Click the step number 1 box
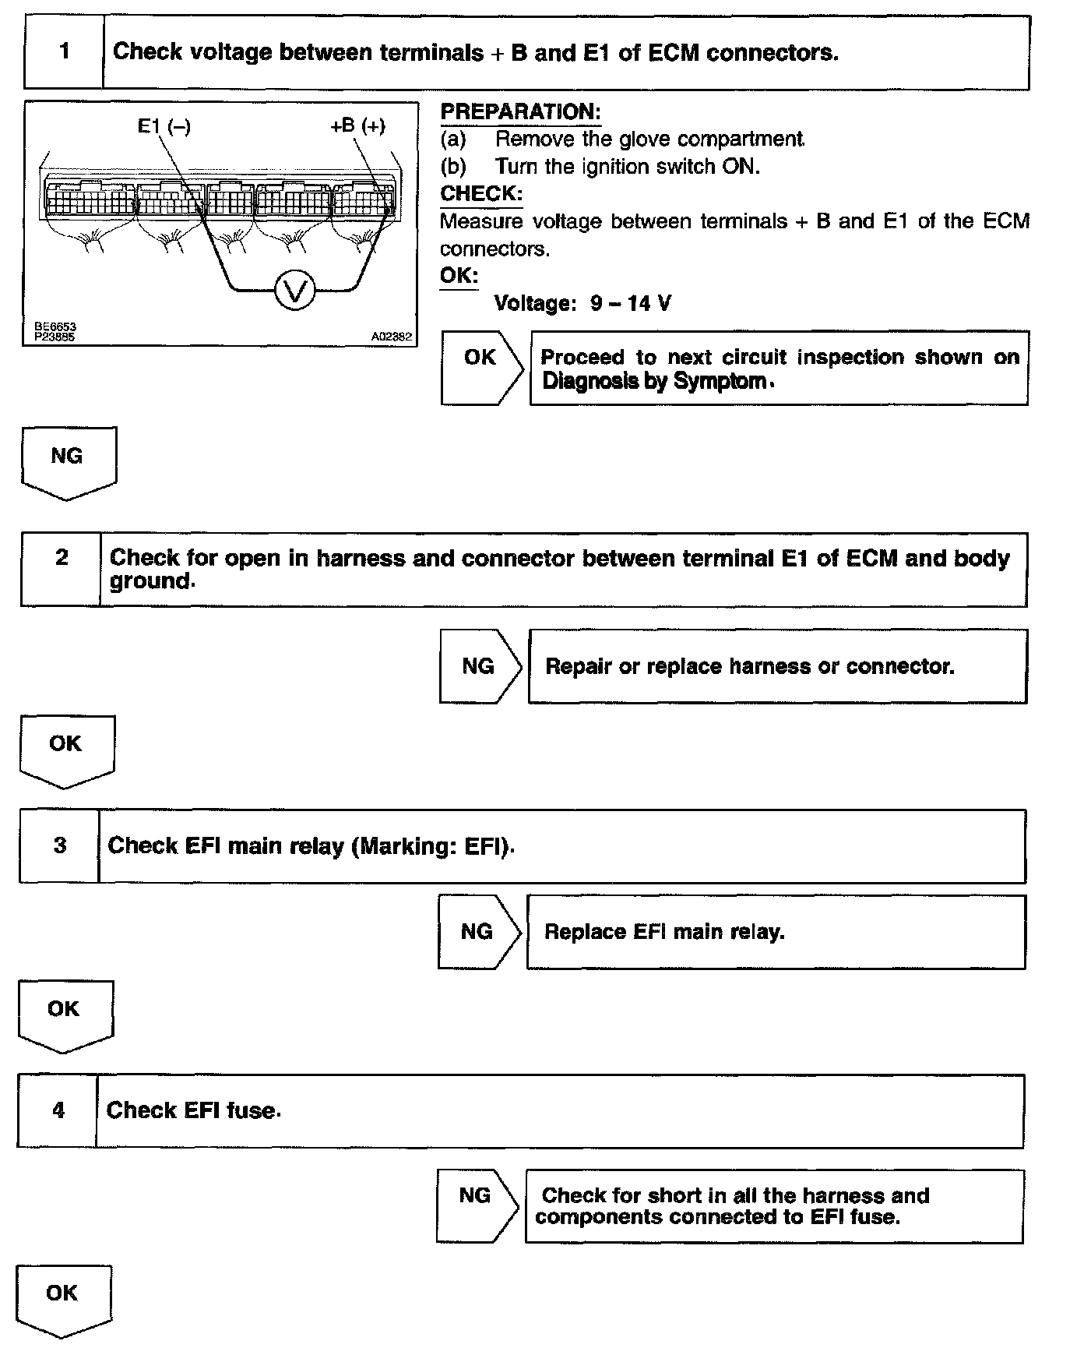[64, 52]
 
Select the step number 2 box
[62, 570]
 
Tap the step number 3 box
[60, 846]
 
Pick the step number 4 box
[58, 1110]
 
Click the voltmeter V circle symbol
[295, 291]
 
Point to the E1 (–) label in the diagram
[164, 126]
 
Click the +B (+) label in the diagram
[357, 126]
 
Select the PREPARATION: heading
[520, 112]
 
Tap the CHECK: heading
[480, 194]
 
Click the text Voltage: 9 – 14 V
[582, 303]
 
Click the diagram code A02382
[391, 337]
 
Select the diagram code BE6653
[55, 327]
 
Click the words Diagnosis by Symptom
[653, 382]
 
